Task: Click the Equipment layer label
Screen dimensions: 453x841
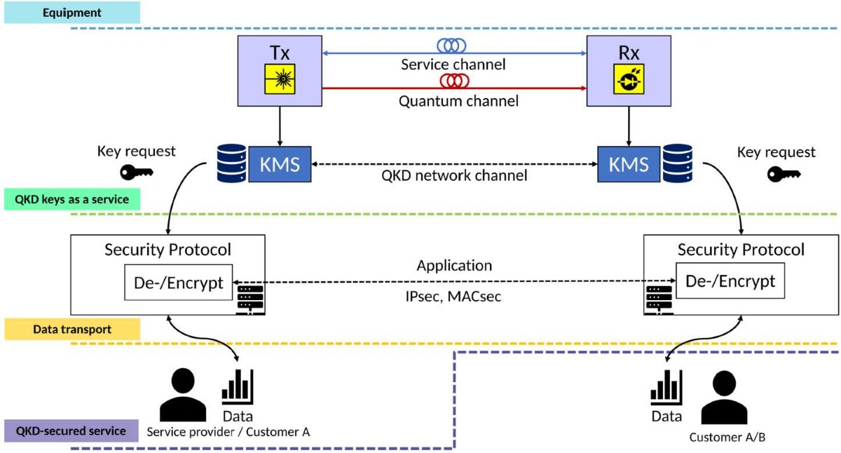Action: [72, 13]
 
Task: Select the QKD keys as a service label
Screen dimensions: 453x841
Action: [72, 199]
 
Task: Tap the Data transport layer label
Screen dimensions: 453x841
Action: [72, 329]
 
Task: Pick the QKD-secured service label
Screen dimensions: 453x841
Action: [72, 431]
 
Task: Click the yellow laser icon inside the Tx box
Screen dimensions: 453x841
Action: [280, 79]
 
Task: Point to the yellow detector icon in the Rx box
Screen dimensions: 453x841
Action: [627, 79]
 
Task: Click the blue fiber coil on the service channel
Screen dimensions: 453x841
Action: [453, 47]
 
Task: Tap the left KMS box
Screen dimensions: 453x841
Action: [280, 164]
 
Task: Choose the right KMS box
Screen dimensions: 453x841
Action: [628, 164]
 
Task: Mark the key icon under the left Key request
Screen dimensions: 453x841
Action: [136, 173]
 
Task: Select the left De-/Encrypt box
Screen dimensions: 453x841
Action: [179, 283]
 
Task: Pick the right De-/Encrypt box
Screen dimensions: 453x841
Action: [730, 281]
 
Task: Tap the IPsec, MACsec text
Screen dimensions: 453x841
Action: [454, 297]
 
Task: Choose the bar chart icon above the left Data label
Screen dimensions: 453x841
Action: [238, 386]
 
